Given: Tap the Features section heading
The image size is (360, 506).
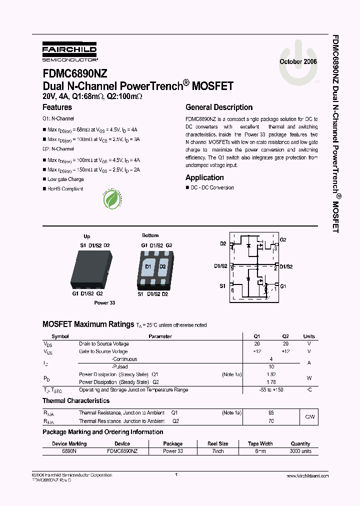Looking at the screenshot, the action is point(57,107).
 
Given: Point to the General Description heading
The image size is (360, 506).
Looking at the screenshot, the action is point(219,107).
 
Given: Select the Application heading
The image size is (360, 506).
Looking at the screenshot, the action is point(204,177).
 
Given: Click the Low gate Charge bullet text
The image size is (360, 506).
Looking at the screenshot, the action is point(65,179).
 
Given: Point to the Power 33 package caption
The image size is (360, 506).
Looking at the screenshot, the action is point(104,303).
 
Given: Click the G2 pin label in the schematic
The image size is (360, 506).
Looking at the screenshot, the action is point(283,240).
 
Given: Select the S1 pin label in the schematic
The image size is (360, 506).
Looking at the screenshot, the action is point(222,286).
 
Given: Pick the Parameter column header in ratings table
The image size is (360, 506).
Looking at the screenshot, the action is point(160,336).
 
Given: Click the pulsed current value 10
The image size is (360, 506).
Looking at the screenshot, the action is point(271,366).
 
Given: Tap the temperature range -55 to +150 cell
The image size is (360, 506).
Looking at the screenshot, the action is point(271,389).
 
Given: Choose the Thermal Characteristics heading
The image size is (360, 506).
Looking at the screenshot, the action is point(76,401).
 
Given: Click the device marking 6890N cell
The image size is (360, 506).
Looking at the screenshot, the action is point(69,451).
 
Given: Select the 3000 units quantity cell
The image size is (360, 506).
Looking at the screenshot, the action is point(300,451).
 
